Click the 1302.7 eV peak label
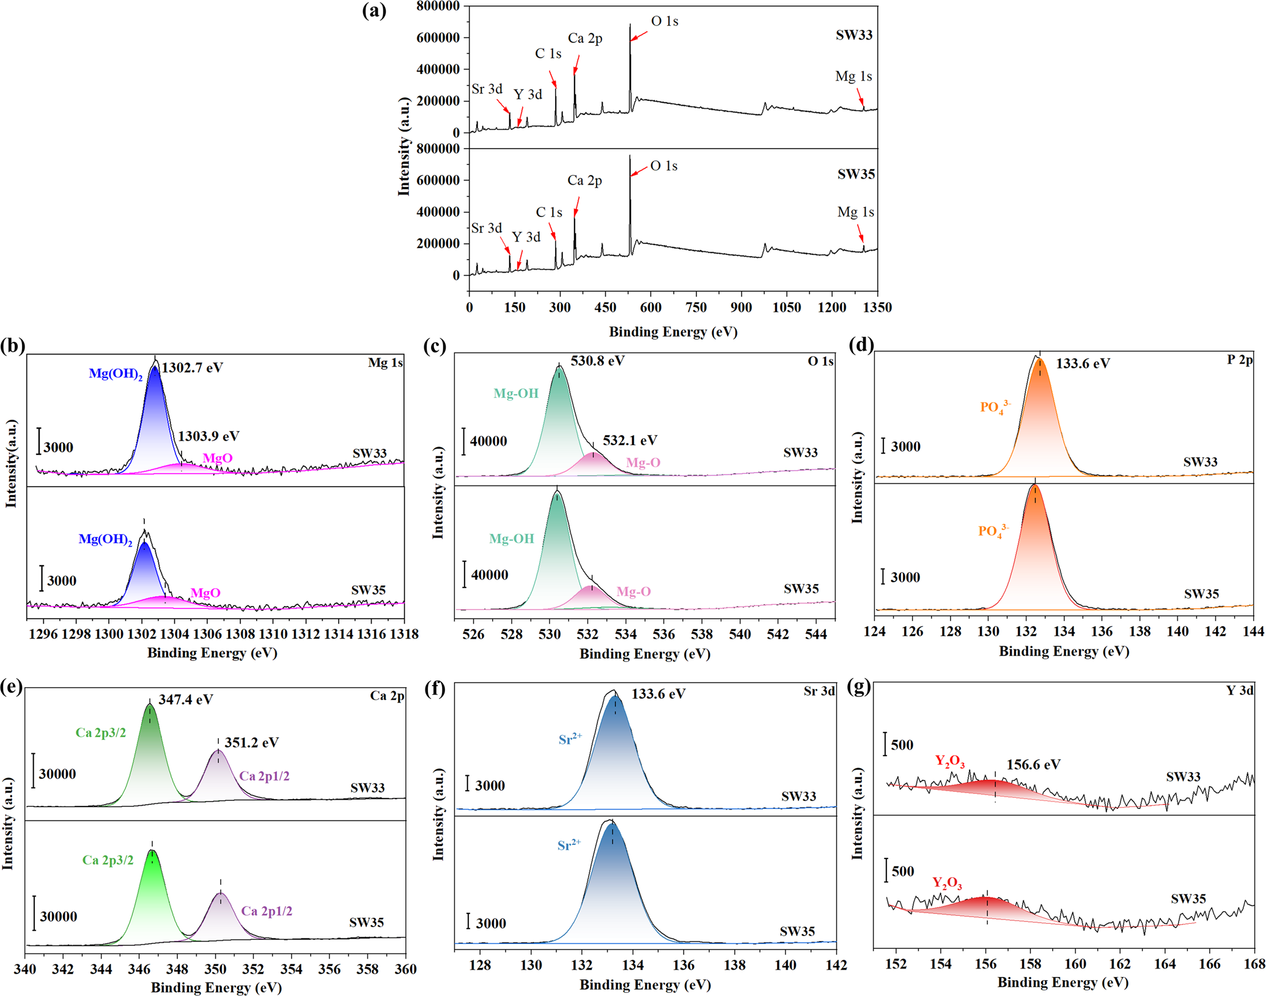(192, 367)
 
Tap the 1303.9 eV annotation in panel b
(208, 436)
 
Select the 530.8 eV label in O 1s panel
(597, 361)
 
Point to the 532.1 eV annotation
(630, 440)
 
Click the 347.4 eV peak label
(185, 699)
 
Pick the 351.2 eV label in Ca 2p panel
(251, 742)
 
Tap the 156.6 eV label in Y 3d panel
(1033, 764)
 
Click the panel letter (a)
(374, 10)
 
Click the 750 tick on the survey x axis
(696, 308)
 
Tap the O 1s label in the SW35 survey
(663, 166)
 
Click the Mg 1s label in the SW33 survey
(853, 76)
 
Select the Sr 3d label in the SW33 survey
(487, 89)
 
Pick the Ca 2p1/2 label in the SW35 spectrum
(267, 911)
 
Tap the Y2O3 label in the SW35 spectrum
(947, 883)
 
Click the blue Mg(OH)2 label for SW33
(116, 374)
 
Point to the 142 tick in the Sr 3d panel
(836, 965)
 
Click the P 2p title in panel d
(1240, 360)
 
